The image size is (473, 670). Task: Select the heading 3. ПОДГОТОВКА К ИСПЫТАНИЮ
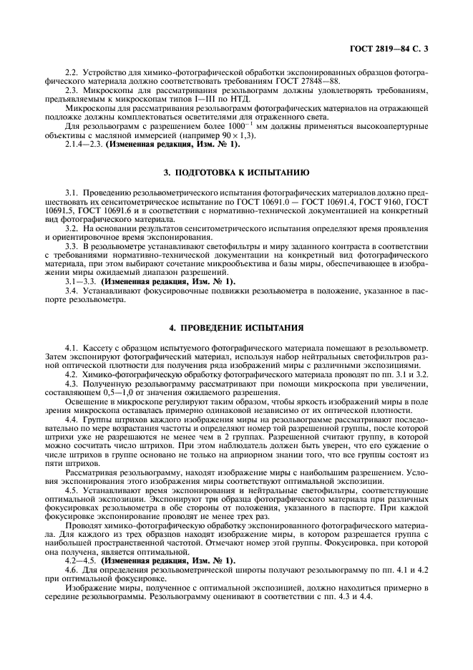pyautogui.click(x=236, y=173)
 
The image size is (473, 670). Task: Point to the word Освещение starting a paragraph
pyautogui.click(x=85, y=403)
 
